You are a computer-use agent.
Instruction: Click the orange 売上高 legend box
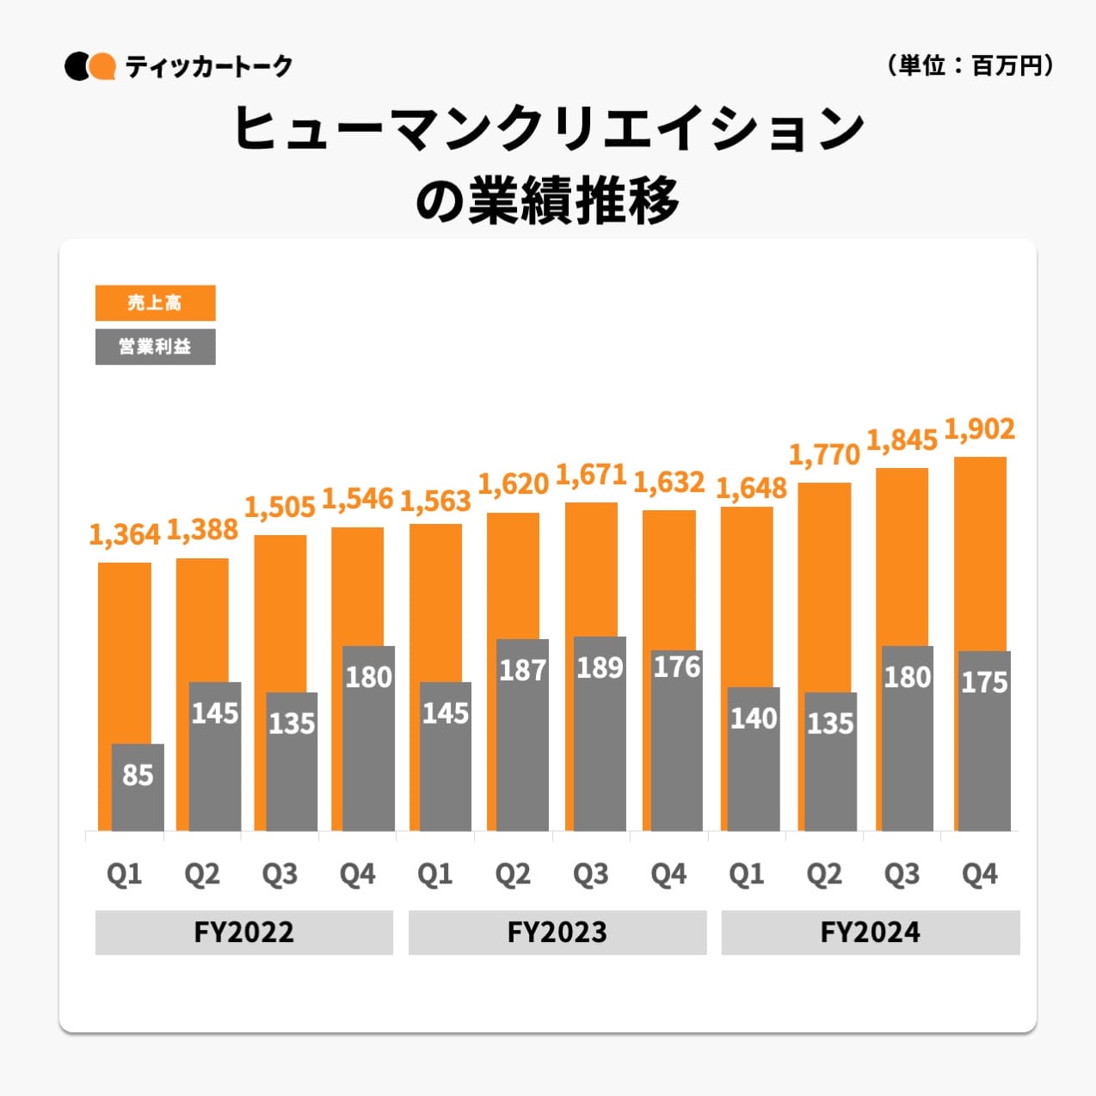155,303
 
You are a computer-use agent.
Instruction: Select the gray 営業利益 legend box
155,347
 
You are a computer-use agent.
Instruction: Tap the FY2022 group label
243,933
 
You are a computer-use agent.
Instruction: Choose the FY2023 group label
557,933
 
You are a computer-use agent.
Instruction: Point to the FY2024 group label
870,933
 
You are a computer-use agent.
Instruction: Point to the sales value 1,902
979,428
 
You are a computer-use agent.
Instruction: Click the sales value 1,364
125,534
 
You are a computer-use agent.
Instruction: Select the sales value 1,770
824,454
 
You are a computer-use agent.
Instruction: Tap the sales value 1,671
591,474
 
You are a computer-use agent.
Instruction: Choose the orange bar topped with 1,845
902,559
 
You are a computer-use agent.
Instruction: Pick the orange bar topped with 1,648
747,594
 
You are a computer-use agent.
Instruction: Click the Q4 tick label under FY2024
979,874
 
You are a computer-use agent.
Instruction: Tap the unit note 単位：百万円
970,65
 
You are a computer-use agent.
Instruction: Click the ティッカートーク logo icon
89,66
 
